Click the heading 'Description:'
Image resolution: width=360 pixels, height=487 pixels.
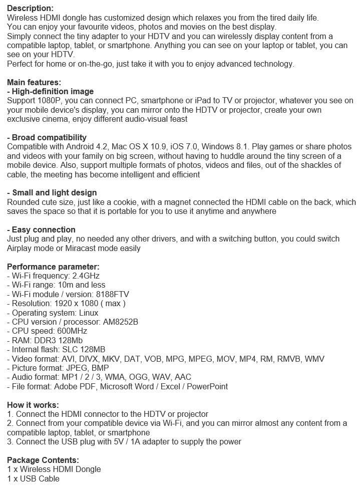coord(30,9)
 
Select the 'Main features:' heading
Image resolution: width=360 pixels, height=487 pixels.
coord(33,82)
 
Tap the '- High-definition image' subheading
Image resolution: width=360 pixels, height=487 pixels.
coord(50,92)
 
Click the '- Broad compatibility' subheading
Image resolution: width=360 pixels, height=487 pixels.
coord(47,138)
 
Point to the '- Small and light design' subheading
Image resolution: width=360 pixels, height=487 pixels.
coord(52,193)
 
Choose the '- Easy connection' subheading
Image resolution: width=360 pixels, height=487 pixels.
coord(41,230)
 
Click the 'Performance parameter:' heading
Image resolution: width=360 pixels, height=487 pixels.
coord(53,267)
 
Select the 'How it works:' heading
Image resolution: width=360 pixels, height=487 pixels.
coord(33,405)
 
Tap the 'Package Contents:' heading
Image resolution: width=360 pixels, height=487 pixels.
coord(43,460)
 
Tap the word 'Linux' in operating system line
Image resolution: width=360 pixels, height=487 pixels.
coord(89,313)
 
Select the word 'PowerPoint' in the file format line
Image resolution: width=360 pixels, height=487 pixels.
coord(207,386)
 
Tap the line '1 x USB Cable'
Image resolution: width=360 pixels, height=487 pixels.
coord(33,479)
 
